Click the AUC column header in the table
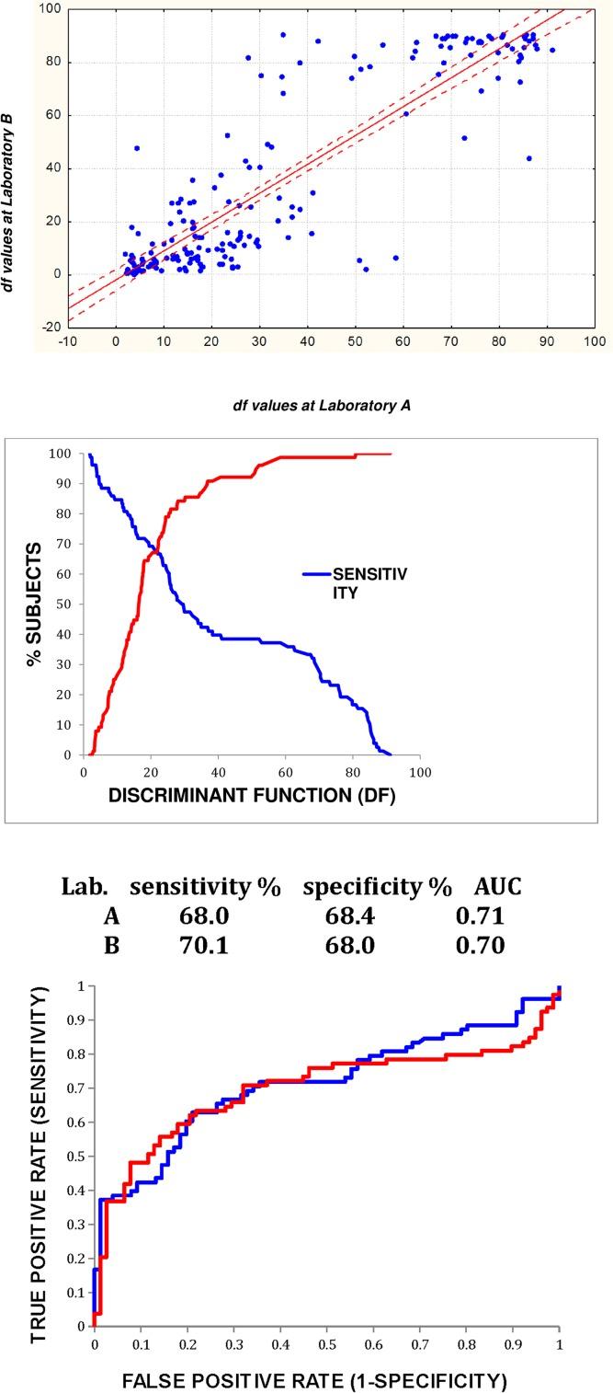pyautogui.click(x=497, y=884)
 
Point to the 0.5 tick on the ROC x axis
pyautogui.click(x=327, y=1339)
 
